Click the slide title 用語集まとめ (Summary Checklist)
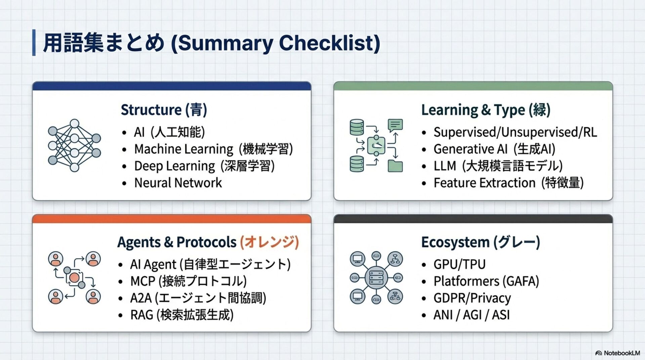(212, 43)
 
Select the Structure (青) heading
(164, 110)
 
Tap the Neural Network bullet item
(178, 183)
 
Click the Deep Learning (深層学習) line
(204, 166)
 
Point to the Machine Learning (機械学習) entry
(213, 149)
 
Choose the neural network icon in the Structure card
(74, 145)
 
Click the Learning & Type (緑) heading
(485, 110)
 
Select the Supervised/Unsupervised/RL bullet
(515, 132)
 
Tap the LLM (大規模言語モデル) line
(498, 166)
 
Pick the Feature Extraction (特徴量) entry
(508, 183)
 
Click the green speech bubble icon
(395, 125)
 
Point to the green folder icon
(395, 166)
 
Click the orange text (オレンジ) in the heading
(269, 242)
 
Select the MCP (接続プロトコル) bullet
(188, 281)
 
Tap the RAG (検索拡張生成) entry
(181, 315)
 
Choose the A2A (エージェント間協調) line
(198, 298)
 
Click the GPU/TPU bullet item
(459, 264)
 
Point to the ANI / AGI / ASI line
(471, 315)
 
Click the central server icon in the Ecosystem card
(376, 278)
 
